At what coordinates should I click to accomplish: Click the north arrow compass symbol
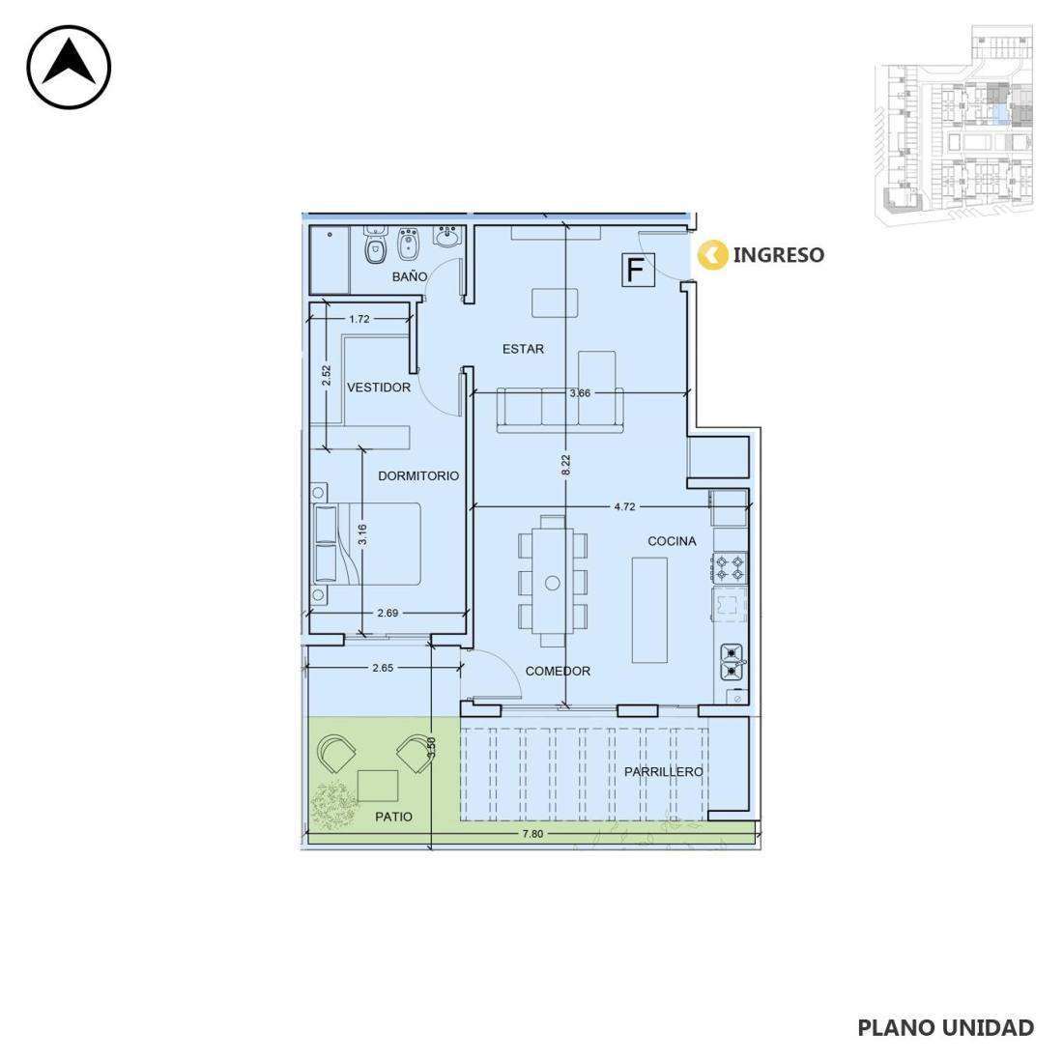69,67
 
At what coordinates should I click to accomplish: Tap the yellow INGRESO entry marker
712,255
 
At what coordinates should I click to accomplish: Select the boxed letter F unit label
637,270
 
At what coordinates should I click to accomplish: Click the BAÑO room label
410,276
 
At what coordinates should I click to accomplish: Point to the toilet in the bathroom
374,244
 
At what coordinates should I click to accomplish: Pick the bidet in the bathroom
408,244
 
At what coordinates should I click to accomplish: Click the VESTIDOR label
378,388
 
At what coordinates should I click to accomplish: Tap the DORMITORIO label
418,475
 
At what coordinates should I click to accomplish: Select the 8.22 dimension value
566,465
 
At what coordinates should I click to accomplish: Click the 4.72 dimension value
624,506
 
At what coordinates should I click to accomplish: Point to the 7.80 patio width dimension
532,834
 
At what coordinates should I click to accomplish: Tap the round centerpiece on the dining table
553,583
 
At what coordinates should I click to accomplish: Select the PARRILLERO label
663,771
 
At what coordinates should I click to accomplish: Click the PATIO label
394,817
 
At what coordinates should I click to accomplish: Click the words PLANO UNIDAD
946,1028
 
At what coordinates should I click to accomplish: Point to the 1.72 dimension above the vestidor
359,319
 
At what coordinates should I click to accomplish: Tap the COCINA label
672,541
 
